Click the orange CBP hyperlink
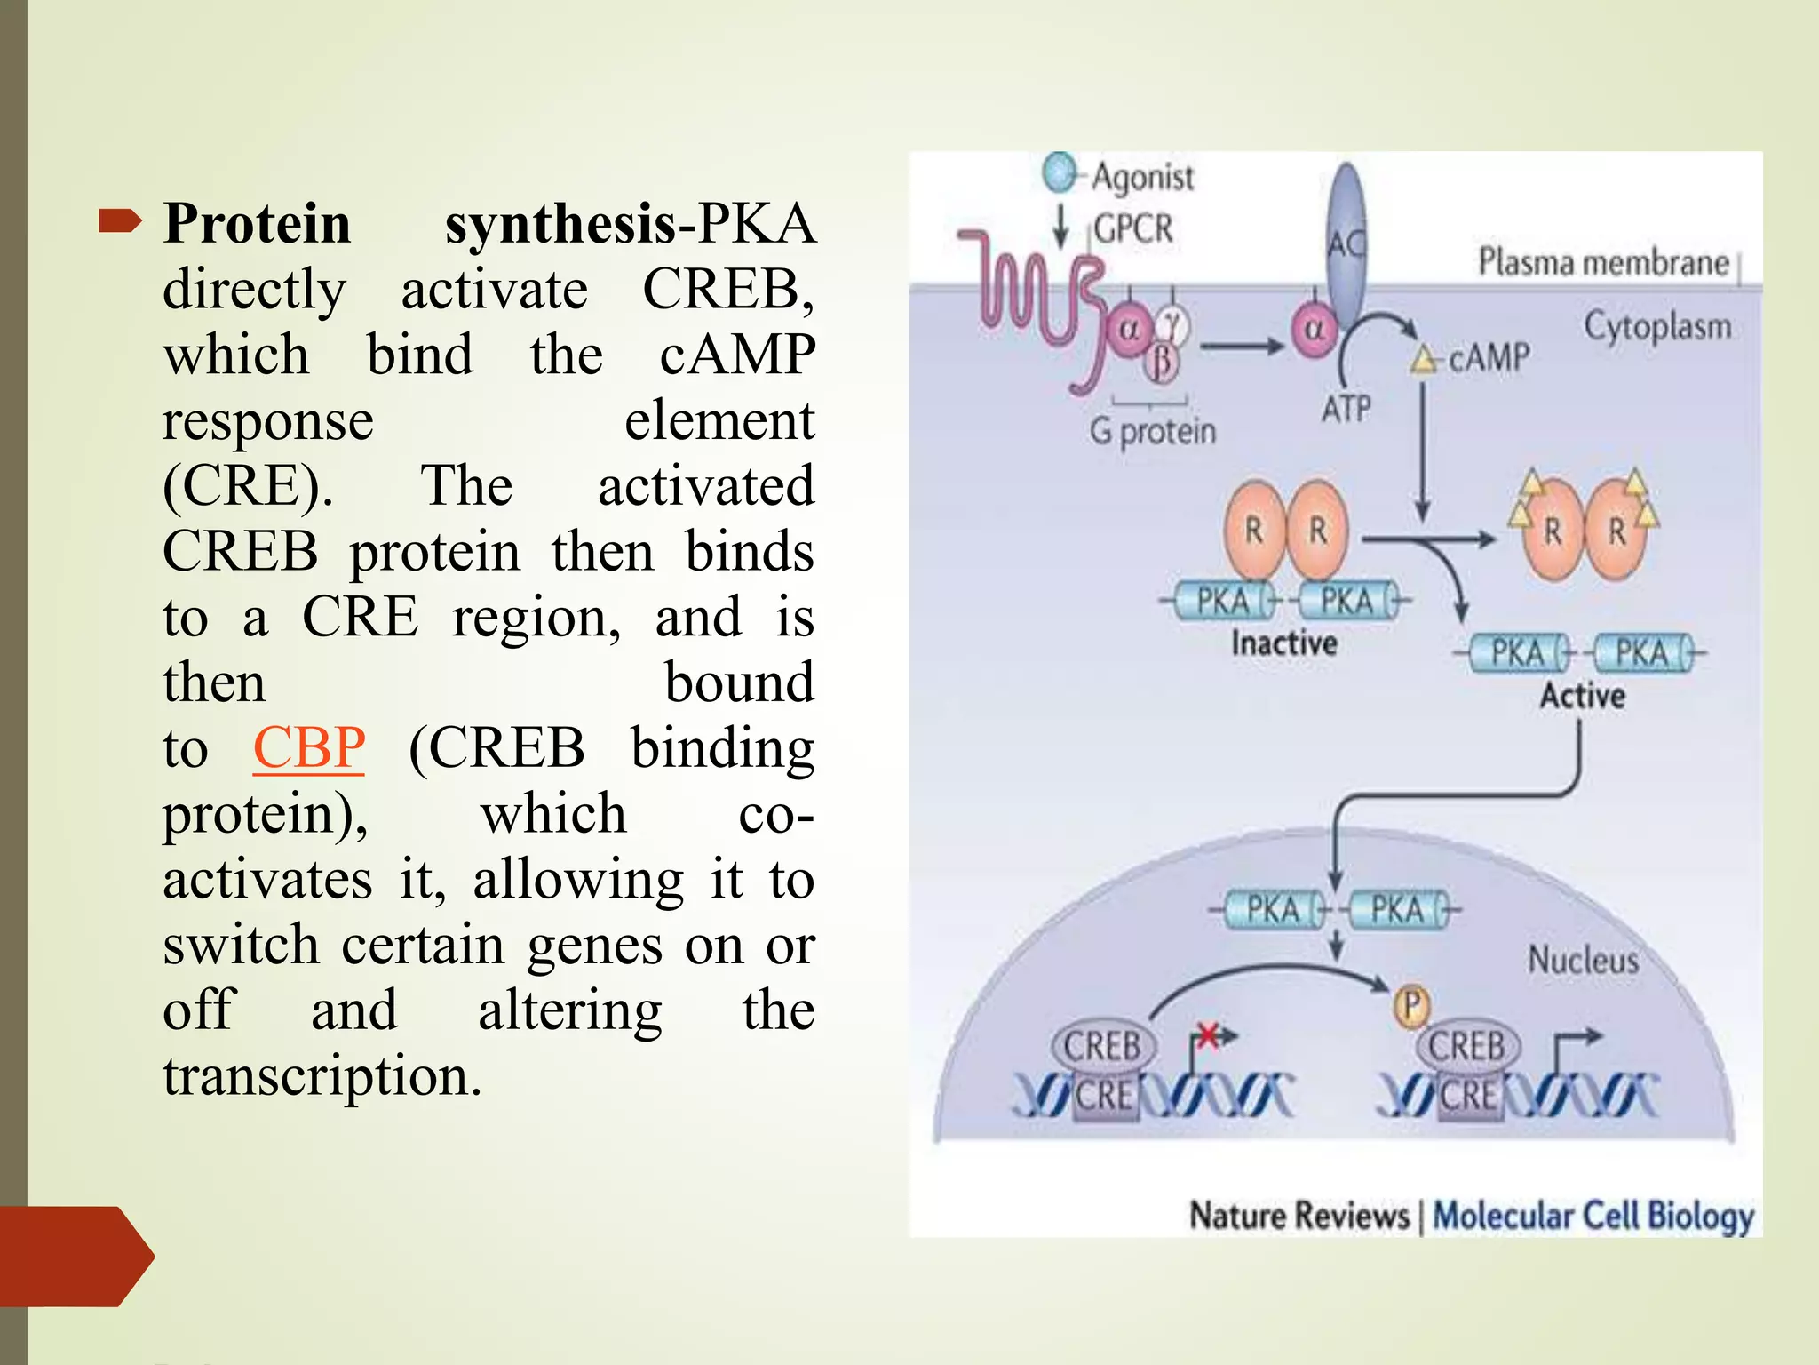308,747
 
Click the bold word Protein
257,223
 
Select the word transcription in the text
322,1075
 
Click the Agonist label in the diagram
1142,176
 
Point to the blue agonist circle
1059,172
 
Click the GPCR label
1132,228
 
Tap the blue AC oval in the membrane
1346,240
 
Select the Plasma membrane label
1603,262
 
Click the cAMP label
1489,358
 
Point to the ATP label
1346,409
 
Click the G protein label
1153,432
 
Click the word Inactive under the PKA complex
1283,643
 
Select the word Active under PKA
1582,695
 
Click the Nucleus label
1583,960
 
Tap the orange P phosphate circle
1411,1006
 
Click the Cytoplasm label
1657,326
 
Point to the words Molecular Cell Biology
1593,1216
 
